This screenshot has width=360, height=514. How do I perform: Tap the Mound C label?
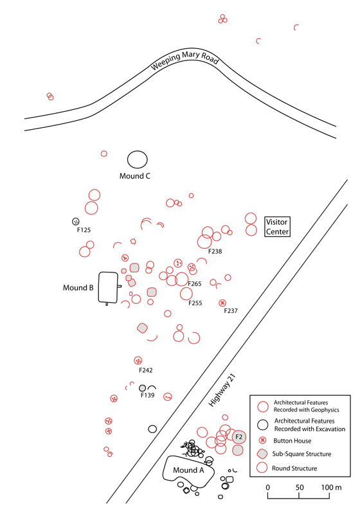point(135,176)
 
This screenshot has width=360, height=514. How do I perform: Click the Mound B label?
point(78,288)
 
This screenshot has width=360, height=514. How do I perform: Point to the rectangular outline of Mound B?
point(99,288)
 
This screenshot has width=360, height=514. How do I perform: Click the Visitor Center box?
point(277,227)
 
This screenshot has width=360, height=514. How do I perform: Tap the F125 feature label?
point(84,230)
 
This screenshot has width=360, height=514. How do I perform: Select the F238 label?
point(215,251)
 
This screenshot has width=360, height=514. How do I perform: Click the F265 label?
point(194,284)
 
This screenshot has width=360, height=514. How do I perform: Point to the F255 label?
point(195,303)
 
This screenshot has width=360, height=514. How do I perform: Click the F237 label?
point(231,311)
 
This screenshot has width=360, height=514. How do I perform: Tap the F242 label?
point(145,370)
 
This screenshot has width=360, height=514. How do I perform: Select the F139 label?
point(148,395)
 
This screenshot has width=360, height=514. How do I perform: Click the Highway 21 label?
point(222,391)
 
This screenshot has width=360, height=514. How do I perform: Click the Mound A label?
point(188,470)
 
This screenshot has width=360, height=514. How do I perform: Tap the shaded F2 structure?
point(239,437)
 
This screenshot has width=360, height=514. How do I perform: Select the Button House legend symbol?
point(262,441)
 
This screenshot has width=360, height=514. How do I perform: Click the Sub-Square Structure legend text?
point(301,454)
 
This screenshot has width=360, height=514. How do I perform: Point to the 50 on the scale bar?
point(300,488)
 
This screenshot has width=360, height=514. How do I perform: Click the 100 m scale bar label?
point(331,488)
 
